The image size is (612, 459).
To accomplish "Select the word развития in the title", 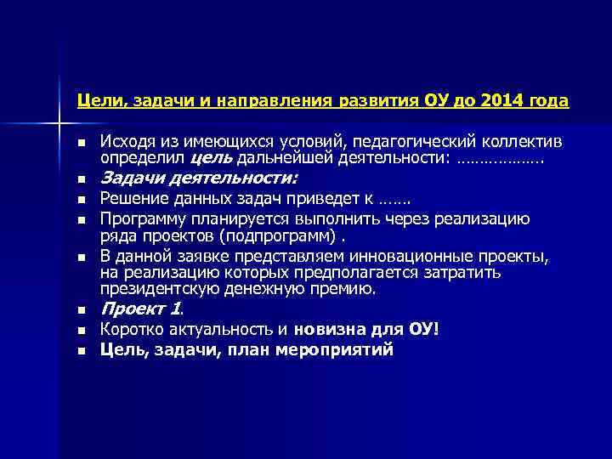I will click(x=377, y=101).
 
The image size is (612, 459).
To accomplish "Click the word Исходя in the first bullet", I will click(x=124, y=140).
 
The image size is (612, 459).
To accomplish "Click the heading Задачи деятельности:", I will click(x=199, y=179).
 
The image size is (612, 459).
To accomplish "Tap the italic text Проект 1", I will click(x=142, y=309).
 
